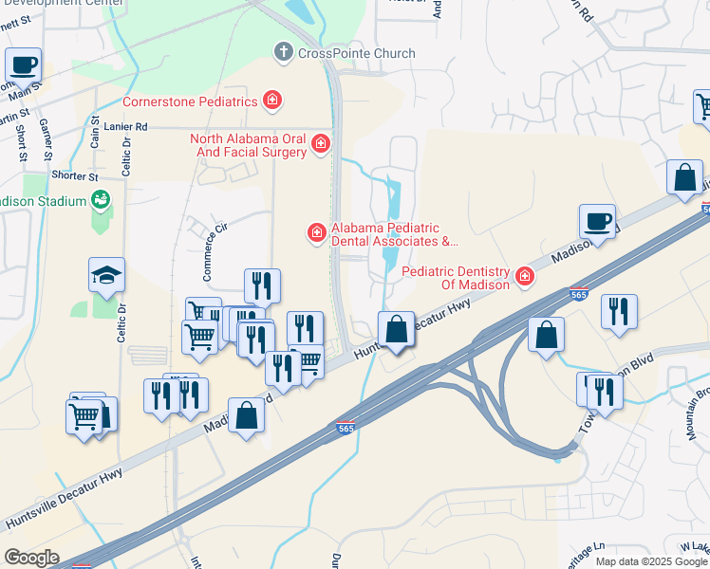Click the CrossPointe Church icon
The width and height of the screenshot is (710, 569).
click(282, 53)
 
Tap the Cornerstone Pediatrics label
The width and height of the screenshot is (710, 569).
click(191, 101)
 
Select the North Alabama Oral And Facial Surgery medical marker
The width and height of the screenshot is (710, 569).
click(321, 145)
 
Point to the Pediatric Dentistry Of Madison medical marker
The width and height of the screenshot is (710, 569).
click(523, 277)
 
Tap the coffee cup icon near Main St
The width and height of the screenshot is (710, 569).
click(23, 65)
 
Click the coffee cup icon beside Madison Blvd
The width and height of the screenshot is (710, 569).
click(597, 222)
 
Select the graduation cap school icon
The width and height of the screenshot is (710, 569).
click(106, 275)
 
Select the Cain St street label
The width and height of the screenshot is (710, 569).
click(95, 135)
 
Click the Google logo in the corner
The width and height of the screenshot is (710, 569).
click(31, 557)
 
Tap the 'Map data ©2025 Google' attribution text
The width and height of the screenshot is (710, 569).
click(650, 560)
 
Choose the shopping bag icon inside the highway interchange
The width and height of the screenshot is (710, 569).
click(547, 335)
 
